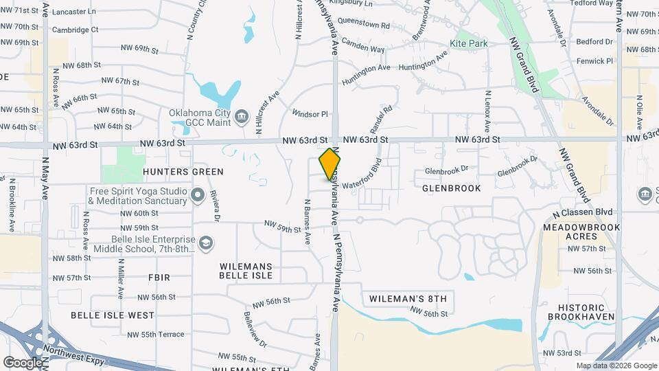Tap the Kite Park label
pyautogui.click(x=468, y=43)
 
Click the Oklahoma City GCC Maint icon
pyautogui.click(x=241, y=115)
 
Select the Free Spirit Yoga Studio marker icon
pyautogui.click(x=198, y=196)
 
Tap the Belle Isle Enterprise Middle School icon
pyautogui.click(x=205, y=243)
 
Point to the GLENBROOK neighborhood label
pyautogui.click(x=451, y=188)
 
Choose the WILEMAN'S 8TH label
pyautogui.click(x=408, y=299)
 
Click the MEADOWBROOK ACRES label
pyautogui.click(x=581, y=232)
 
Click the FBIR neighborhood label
pyautogui.click(x=158, y=277)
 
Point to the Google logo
pyautogui.click(x=23, y=362)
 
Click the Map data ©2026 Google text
pyautogui.click(x=616, y=366)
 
